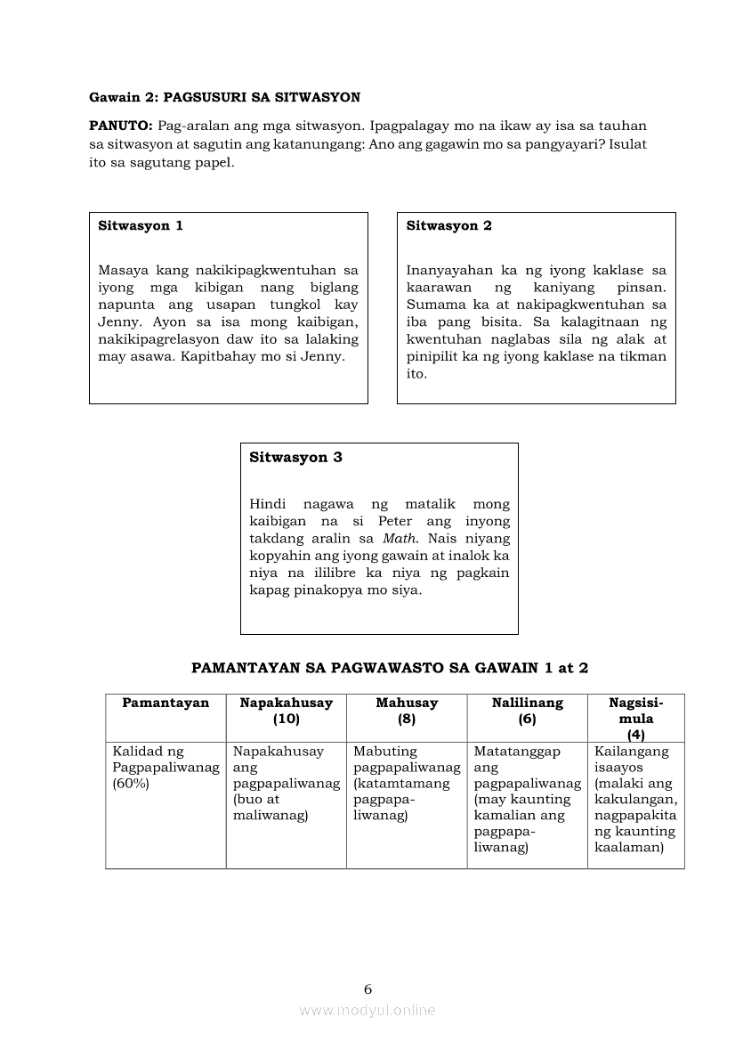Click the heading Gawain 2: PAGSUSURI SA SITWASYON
224,96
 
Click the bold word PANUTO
120,126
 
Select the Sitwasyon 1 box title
141,225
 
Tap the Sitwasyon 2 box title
448,225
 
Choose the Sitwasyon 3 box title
295,458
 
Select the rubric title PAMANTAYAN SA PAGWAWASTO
391,667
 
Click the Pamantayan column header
166,703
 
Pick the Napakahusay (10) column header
287,711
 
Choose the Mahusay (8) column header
407,711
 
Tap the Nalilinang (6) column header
527,711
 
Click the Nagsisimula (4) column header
635,718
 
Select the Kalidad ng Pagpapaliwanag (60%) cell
166,768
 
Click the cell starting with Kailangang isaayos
635,800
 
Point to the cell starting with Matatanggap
527,800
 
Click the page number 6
367,988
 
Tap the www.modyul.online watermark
367,1010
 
